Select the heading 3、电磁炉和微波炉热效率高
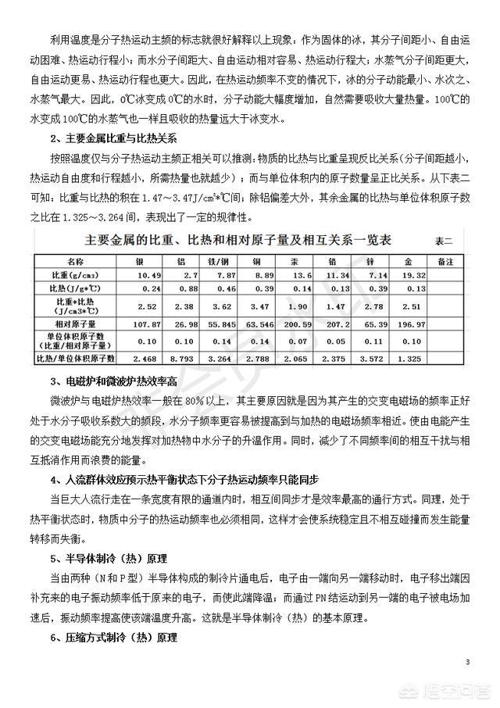click(x=112, y=383)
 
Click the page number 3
click(x=467, y=663)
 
